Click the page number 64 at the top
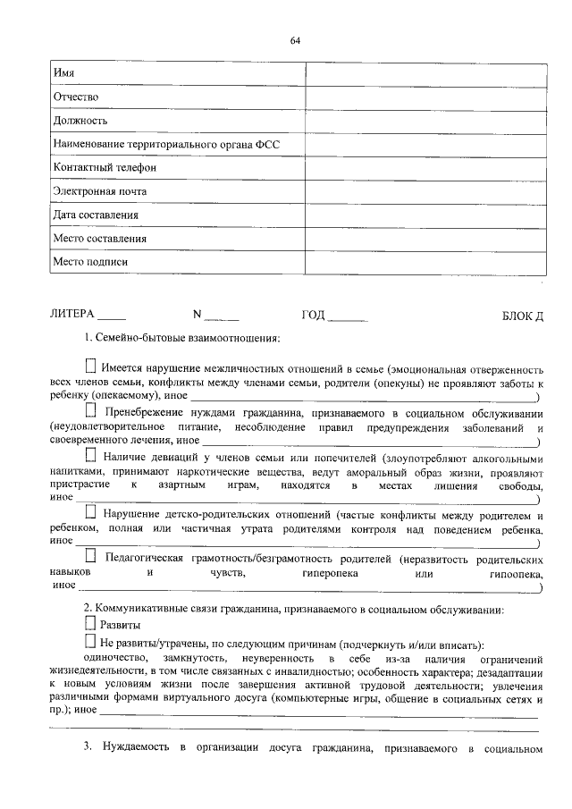point(295,41)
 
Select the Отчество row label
point(75,97)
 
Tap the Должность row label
point(80,120)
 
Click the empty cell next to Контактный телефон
point(425,167)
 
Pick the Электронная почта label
point(99,191)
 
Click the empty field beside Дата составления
point(425,215)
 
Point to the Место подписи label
point(90,262)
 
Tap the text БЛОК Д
point(523,316)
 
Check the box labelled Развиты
point(88,625)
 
